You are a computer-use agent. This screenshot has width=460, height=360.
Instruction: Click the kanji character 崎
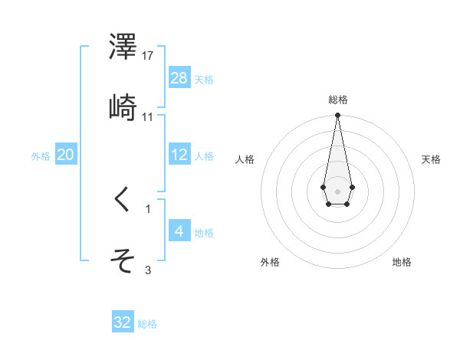(x=123, y=110)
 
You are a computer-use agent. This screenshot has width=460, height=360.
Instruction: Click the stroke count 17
(x=149, y=57)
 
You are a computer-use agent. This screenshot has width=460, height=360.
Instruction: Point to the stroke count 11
(x=149, y=117)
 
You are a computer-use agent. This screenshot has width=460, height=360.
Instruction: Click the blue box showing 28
(x=179, y=78)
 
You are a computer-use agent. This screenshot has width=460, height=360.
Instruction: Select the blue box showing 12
(x=179, y=155)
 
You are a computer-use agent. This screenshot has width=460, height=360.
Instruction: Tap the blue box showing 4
(x=179, y=231)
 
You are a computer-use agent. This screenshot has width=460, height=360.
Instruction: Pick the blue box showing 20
(x=66, y=155)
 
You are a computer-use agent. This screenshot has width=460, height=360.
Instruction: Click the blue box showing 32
(x=123, y=322)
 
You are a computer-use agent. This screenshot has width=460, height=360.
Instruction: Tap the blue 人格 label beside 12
(x=204, y=156)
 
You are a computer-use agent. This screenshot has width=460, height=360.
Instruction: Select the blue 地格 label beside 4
(x=204, y=233)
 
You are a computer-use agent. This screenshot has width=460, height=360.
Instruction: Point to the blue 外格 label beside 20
(x=41, y=156)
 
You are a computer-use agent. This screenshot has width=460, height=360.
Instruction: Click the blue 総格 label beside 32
(x=147, y=324)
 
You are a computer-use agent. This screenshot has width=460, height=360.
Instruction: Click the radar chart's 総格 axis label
(x=337, y=100)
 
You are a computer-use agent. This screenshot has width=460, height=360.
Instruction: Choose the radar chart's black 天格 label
(x=432, y=159)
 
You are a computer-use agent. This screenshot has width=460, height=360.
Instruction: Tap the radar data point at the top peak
(x=337, y=116)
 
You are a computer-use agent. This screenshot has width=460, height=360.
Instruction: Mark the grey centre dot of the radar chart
(x=337, y=190)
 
